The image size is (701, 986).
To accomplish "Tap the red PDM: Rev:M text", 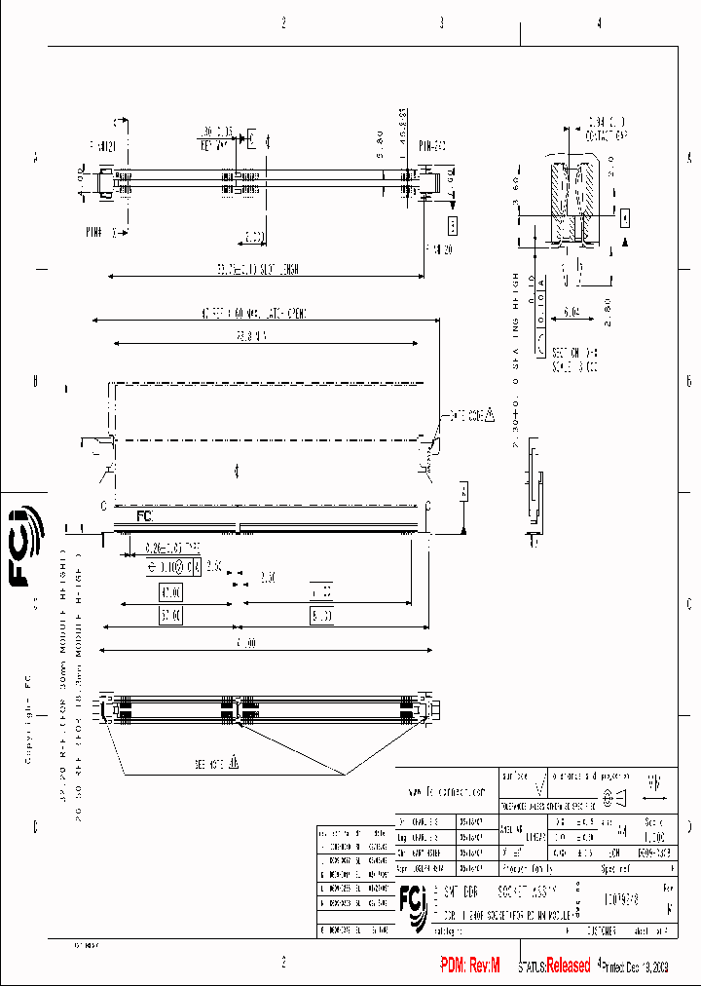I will pyautogui.click(x=469, y=966).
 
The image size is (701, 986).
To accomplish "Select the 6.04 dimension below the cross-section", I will pyautogui.click(x=571, y=315).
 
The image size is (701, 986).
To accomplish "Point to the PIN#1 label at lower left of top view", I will pyautogui.click(x=93, y=233).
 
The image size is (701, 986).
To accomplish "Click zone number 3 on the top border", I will pyautogui.click(x=441, y=22).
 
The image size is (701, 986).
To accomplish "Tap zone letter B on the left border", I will pyautogui.click(x=35, y=381).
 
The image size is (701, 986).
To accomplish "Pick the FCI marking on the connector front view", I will pyautogui.click(x=144, y=515).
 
